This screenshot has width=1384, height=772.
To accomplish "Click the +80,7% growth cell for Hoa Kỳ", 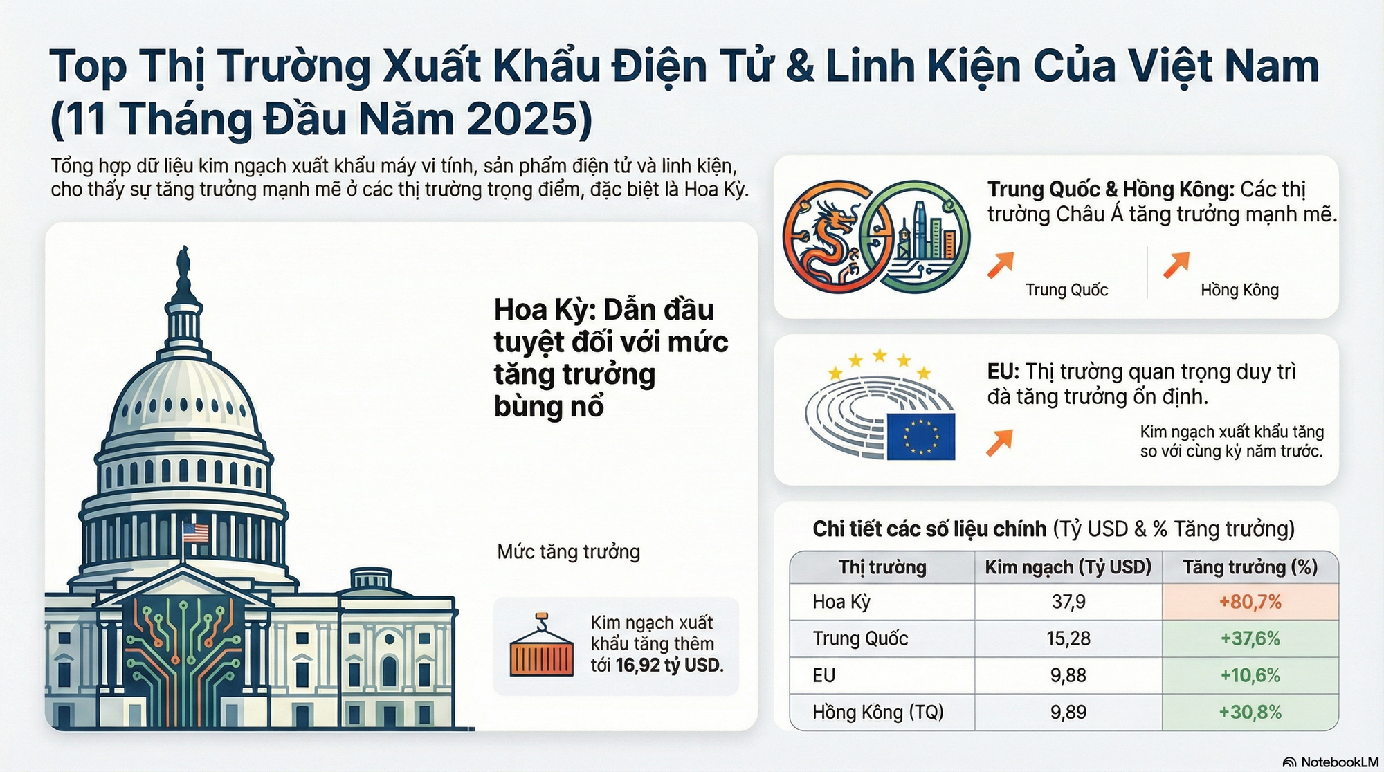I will click(1250, 602).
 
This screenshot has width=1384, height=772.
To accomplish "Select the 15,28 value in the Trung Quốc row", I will click(1068, 638).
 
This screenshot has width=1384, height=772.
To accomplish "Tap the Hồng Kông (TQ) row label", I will click(877, 712).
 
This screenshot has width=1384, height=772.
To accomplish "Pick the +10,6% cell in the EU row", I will click(1250, 675).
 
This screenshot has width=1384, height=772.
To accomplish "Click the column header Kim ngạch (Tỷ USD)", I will click(1068, 567).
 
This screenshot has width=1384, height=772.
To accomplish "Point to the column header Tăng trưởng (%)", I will click(1250, 567).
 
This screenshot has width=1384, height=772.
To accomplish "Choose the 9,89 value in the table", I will click(1068, 712).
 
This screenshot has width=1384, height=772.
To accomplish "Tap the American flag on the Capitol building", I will click(195, 533).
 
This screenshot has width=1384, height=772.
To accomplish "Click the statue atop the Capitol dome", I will click(184, 266).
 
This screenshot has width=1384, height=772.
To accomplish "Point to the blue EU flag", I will click(920, 436).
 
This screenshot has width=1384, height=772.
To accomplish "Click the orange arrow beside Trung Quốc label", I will click(1001, 265).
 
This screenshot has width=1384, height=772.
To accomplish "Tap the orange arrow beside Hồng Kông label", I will click(1176, 265).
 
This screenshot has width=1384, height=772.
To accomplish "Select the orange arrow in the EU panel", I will click(1000, 443).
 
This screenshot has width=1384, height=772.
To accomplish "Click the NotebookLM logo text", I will click(1338, 762).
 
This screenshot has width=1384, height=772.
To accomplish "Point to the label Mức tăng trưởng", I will click(568, 552).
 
